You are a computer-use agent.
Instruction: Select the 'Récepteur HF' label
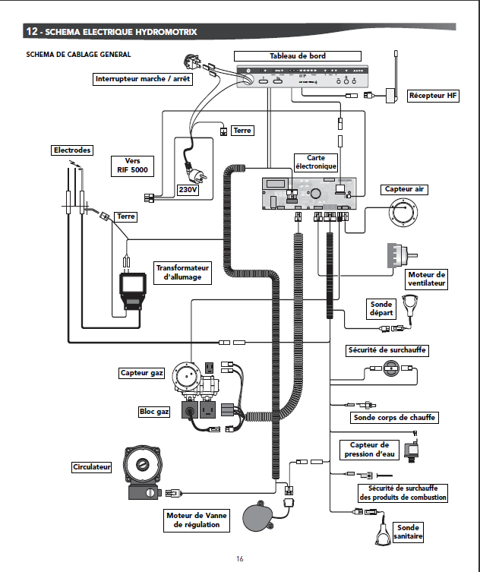[433, 96]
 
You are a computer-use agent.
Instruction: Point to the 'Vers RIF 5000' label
[134, 166]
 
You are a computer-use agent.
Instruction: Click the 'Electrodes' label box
[71, 150]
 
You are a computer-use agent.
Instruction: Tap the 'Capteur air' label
[403, 189]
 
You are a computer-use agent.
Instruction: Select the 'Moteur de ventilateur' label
[426, 279]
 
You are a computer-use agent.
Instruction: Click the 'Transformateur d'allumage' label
[182, 273]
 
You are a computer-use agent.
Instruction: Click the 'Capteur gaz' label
[142, 373]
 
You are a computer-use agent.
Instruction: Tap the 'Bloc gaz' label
[154, 411]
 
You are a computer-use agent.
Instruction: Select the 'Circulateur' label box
[91, 466]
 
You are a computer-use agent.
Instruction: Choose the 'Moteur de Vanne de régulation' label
[196, 520]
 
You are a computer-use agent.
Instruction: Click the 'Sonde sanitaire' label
[407, 532]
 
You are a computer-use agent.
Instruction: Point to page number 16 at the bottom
[240, 559]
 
